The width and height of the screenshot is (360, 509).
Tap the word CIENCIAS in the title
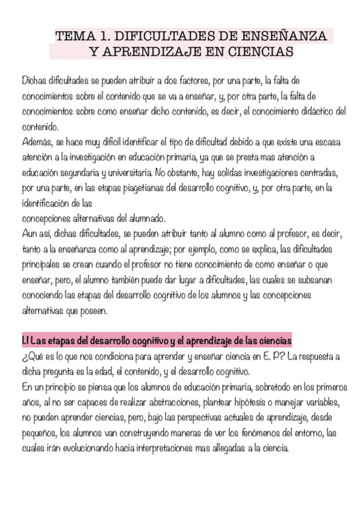259,52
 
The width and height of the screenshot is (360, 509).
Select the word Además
37,142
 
